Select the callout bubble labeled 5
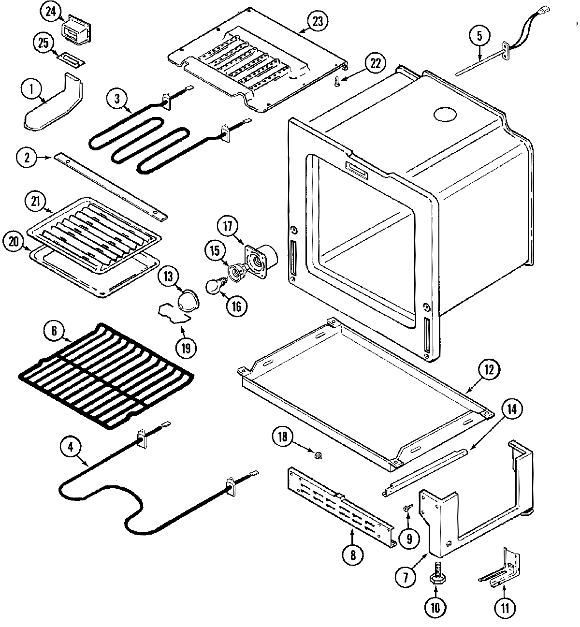479,35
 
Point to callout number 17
228,226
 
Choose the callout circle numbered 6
54,332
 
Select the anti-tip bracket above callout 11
503,570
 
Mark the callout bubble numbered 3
116,98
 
